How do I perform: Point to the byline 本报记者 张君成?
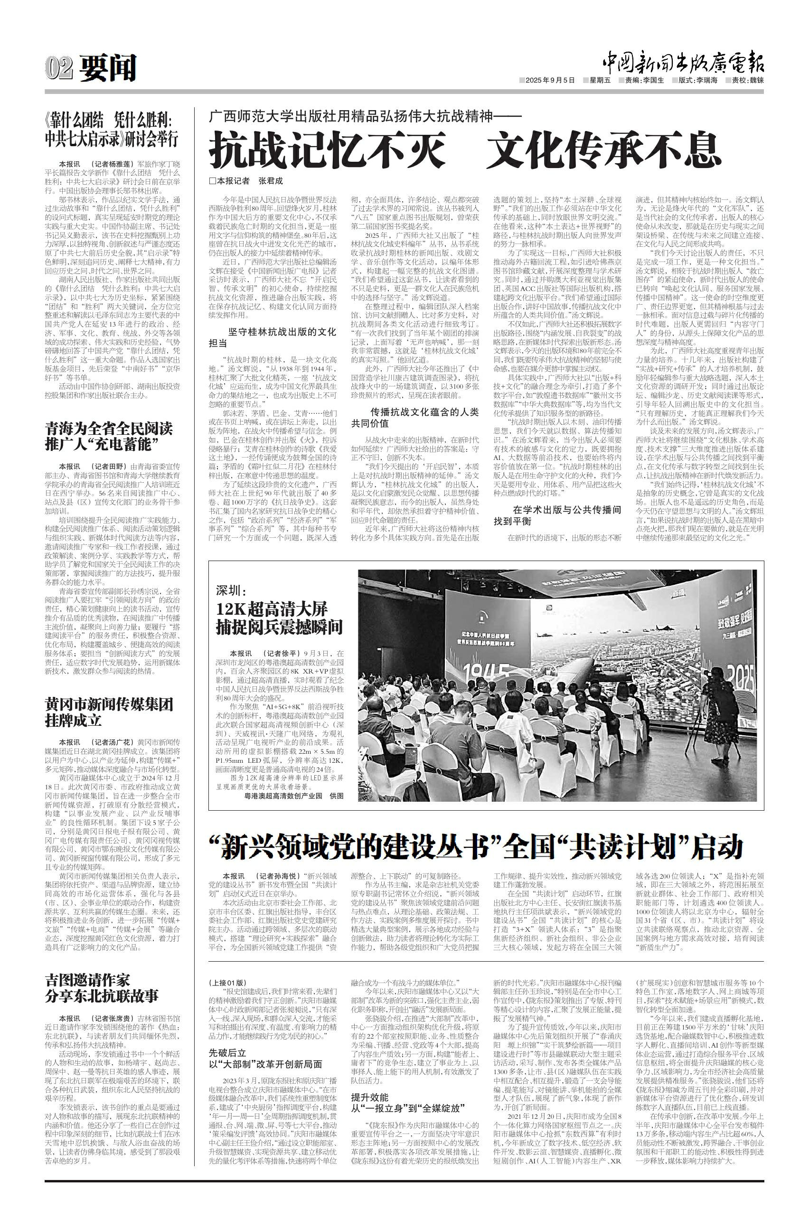[x=246, y=181]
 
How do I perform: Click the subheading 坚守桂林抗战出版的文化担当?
[x=272, y=337]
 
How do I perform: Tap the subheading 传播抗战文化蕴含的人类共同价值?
[x=415, y=418]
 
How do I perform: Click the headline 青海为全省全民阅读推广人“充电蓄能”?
[x=108, y=435]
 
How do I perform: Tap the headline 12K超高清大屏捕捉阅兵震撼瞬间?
[x=279, y=618]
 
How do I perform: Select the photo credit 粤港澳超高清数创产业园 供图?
[x=293, y=796]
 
